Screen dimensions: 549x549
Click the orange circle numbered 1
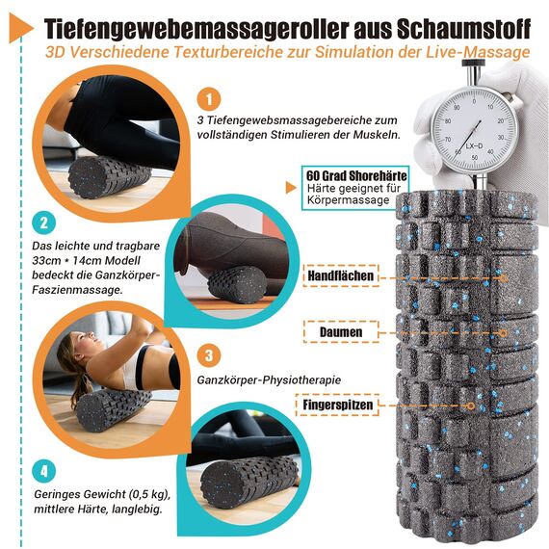click(x=211, y=99)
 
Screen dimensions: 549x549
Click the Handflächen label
click(x=344, y=276)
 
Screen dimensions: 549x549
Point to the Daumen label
click(x=344, y=332)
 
